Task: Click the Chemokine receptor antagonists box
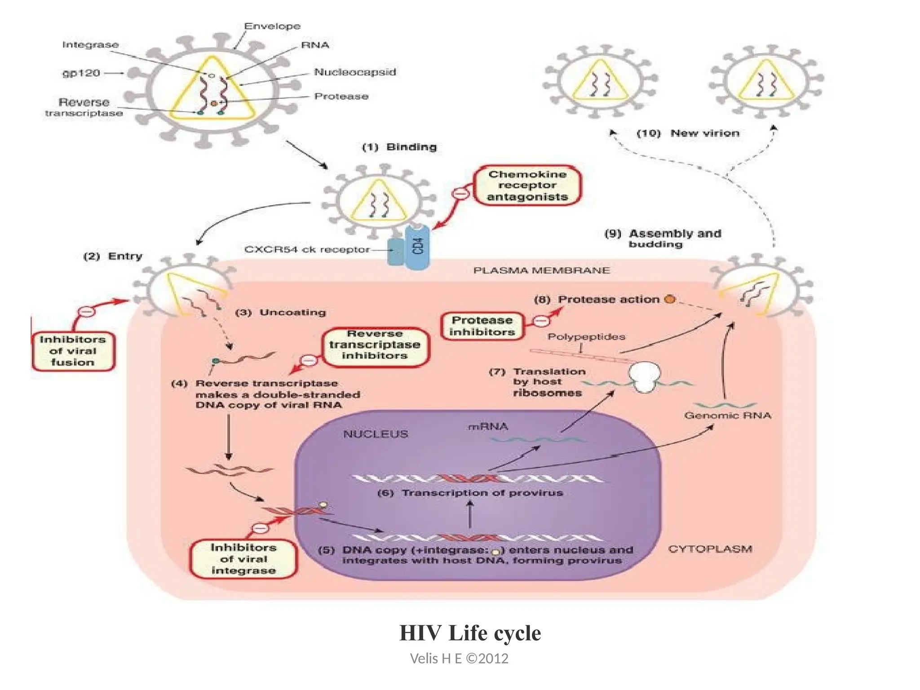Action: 527,186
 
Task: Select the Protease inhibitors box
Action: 482,326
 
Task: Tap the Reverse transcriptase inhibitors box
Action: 375,345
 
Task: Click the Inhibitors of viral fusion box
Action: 72,351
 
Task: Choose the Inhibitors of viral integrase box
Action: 243,559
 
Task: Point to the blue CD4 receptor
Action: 417,247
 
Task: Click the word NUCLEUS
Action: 376,434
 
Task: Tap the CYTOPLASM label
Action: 710,549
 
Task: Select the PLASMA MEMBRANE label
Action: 541,270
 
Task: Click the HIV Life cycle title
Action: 470,633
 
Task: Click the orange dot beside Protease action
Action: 670,299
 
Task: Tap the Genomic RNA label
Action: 728,416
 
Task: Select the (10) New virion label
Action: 688,133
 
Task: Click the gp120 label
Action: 81,73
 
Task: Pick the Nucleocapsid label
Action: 355,72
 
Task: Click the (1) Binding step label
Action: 399,147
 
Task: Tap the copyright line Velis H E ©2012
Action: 459,659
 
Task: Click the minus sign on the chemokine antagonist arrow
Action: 460,194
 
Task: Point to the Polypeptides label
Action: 586,336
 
